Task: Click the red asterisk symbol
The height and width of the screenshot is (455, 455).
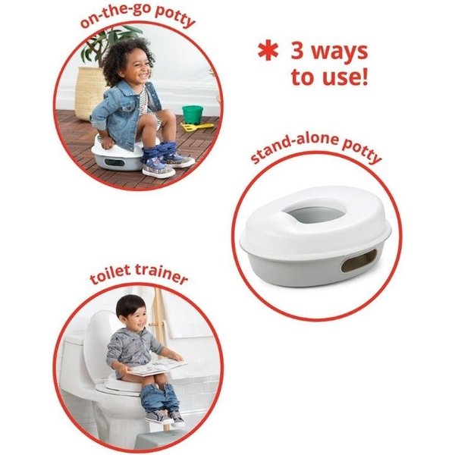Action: coord(268,52)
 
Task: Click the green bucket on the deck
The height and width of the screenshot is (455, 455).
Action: coord(193,115)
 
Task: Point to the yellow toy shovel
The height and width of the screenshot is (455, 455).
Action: coord(196,127)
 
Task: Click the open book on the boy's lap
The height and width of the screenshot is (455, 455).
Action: coord(158,366)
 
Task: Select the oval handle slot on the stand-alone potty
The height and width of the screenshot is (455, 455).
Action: coord(359,260)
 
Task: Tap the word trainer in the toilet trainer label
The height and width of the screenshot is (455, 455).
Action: coord(161,273)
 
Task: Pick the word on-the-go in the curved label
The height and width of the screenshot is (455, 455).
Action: coord(115,14)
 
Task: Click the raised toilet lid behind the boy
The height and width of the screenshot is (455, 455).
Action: coord(100,344)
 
